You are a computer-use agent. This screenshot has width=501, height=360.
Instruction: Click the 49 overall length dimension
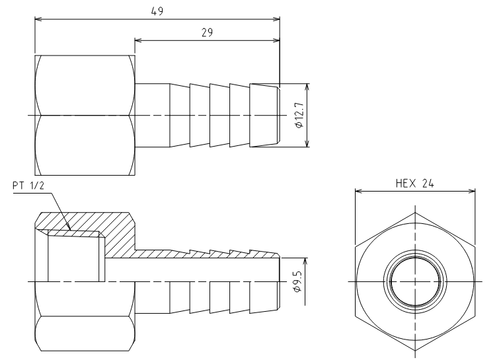pos(157,11)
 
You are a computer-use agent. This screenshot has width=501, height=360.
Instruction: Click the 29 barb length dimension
pos(207,32)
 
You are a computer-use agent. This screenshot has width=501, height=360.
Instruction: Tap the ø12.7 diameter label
pos(299,116)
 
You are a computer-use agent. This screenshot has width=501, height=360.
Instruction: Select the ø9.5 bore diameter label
pos(297,281)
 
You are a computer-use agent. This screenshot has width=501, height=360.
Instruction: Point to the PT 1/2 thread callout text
pos(28,186)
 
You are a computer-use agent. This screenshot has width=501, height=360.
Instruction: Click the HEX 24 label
pos(414,184)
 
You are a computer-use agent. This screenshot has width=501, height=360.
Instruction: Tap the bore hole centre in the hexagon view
pos(415,282)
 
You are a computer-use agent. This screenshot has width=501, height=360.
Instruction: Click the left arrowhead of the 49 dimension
pos(38,19)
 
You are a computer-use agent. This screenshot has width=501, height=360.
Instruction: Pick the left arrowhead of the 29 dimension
pos(138,40)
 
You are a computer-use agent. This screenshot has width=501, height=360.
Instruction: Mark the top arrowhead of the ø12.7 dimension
pos(307,87)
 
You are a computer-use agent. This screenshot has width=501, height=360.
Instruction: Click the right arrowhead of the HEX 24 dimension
pos(472,192)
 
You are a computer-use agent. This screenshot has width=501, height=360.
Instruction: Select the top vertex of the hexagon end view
pos(415,213)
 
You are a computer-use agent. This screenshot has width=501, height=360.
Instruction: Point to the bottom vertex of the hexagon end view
pos(415,351)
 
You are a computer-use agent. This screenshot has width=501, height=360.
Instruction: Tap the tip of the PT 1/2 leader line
pos(71,230)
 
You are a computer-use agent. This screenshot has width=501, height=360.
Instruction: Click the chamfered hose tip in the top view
pos(278,116)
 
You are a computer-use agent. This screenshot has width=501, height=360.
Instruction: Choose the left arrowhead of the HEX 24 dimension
pos(359,192)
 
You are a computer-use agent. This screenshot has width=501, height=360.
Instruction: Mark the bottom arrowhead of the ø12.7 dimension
pos(307,143)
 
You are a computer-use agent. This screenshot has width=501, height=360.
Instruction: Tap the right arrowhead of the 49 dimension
pos(276,19)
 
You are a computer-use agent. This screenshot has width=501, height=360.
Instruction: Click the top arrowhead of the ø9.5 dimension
pos(305,262)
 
